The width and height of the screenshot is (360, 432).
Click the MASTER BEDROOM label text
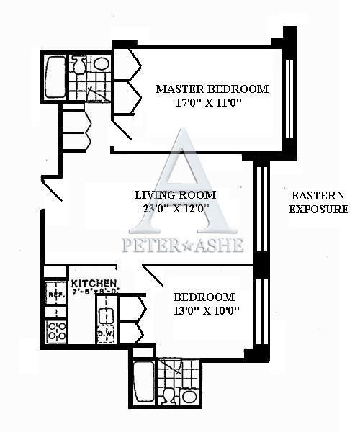coord(212,89)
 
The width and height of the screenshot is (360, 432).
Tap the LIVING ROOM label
coord(176,194)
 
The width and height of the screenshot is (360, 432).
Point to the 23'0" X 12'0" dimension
coord(176,208)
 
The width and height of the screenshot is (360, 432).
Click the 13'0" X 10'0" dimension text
coord(206,310)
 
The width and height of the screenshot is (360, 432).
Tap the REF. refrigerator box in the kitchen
coord(55,294)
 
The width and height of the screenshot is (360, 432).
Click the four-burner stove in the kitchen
coord(56,330)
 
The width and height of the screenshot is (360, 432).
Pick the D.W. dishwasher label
coord(105,333)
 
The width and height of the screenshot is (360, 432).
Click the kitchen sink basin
coord(106,315)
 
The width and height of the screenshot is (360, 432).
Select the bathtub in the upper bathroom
coord(55,76)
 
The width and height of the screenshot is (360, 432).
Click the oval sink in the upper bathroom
coord(102,63)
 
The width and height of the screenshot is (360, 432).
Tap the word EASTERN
coord(318,195)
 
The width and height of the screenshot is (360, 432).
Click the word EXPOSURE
coord(318,209)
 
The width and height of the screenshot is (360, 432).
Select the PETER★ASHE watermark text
coord(183,245)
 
